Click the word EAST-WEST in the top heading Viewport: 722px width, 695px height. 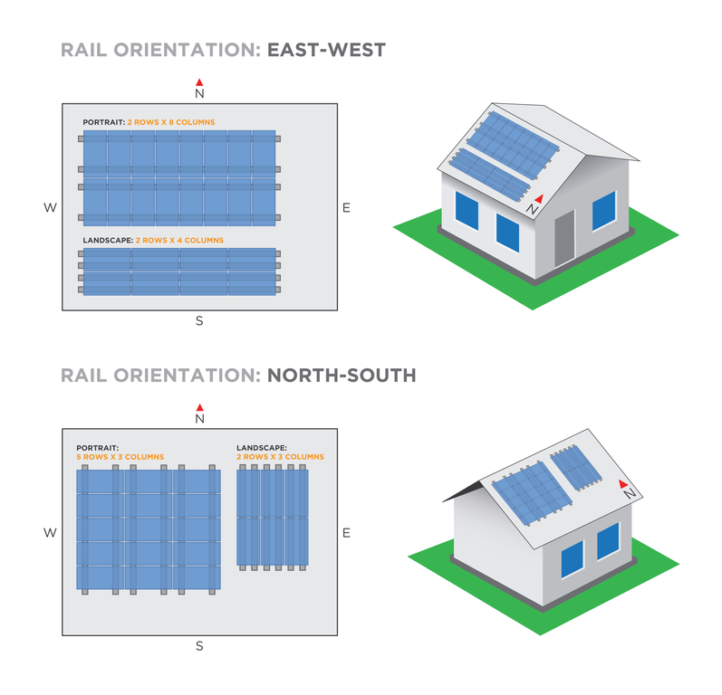click(x=326, y=50)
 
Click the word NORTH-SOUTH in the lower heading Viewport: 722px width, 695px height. click(x=342, y=376)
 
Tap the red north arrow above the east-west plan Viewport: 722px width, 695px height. click(x=199, y=82)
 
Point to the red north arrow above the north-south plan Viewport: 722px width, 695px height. click(x=199, y=407)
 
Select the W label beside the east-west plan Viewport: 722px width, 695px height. click(x=50, y=208)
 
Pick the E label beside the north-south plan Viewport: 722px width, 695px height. click(x=346, y=533)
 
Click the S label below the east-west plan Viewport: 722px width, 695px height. click(x=199, y=320)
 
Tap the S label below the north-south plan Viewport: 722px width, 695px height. click(x=199, y=646)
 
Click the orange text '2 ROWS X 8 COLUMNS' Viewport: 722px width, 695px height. click(x=171, y=122)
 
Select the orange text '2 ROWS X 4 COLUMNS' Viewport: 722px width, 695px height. click(x=179, y=240)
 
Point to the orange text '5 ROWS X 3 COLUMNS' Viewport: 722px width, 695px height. click(x=120, y=457)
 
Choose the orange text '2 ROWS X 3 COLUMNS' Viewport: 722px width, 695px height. click(x=281, y=457)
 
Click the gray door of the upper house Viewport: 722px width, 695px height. click(x=565, y=238)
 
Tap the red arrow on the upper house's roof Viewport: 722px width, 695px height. click(x=539, y=199)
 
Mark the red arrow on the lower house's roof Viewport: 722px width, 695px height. click(x=623, y=483)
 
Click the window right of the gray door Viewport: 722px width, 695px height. click(x=604, y=211)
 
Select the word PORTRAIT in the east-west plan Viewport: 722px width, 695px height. click(x=104, y=122)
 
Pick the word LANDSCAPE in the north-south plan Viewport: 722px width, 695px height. click(x=262, y=448)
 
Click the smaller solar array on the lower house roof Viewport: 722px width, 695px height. click(x=575, y=467)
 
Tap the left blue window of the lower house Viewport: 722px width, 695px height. click(x=573, y=559)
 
